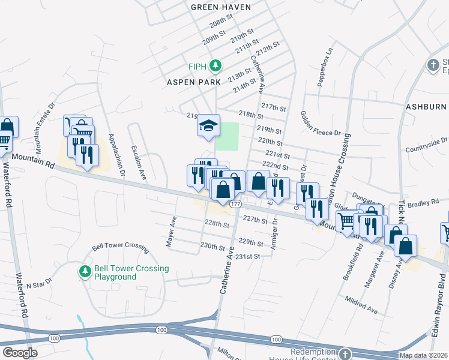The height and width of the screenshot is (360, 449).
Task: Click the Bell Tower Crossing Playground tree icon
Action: (x=85, y=272)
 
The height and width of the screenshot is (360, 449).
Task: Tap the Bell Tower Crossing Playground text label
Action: (x=131, y=273)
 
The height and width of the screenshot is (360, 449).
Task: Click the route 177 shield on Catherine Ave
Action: (x=235, y=205)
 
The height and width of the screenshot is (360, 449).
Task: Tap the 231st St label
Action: (x=248, y=256)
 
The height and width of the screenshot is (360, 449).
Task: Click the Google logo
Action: (x=20, y=353)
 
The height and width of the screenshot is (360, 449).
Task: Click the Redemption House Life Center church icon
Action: (x=345, y=353)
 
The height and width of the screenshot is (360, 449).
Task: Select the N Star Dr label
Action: (x=41, y=284)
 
